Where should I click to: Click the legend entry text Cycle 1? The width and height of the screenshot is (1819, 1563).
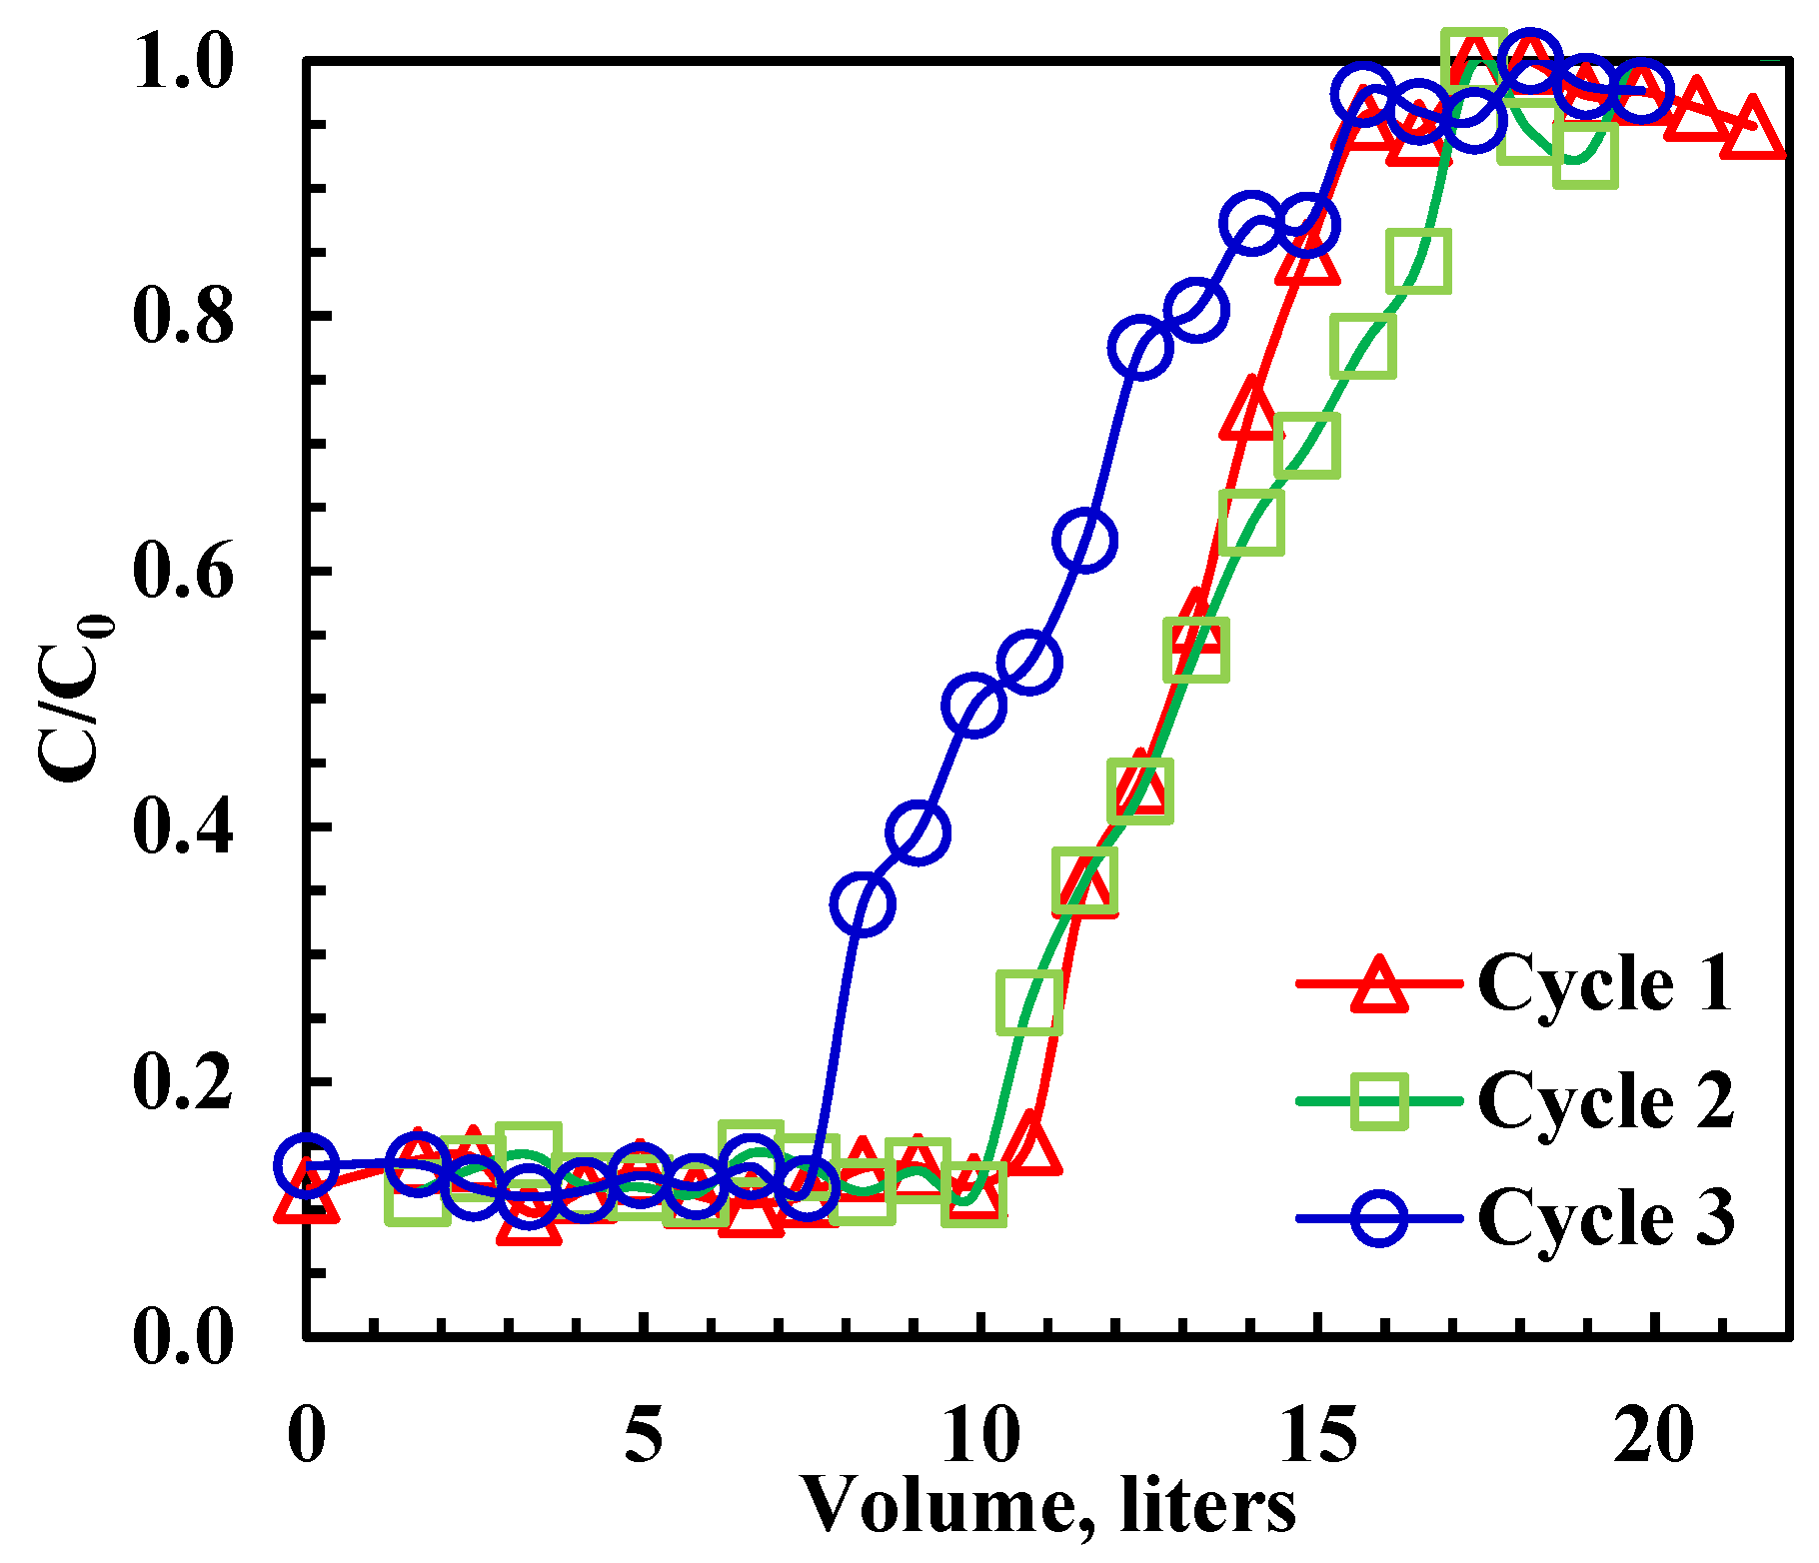coord(1604,983)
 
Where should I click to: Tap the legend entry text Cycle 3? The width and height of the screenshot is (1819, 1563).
coord(1604,1217)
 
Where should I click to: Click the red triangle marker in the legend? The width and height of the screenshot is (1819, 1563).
coord(1379,985)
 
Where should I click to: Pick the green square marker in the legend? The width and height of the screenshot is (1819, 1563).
coord(1379,1101)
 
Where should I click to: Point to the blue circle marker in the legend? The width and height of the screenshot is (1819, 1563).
coord(1379,1218)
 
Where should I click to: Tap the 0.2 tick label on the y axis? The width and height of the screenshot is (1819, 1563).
coord(183,1081)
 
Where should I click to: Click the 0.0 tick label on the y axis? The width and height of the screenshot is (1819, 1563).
coord(183,1337)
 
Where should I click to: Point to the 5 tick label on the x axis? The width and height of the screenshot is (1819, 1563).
coord(644,1435)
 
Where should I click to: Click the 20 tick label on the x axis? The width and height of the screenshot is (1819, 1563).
coord(1656,1435)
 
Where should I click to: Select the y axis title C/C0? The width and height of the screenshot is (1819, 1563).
coord(75,700)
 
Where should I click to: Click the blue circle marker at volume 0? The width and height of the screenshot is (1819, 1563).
coord(306,1165)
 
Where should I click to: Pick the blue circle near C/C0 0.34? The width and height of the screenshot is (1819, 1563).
coord(862,904)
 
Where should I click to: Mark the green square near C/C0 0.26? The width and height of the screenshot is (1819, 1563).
coord(1028,1002)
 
